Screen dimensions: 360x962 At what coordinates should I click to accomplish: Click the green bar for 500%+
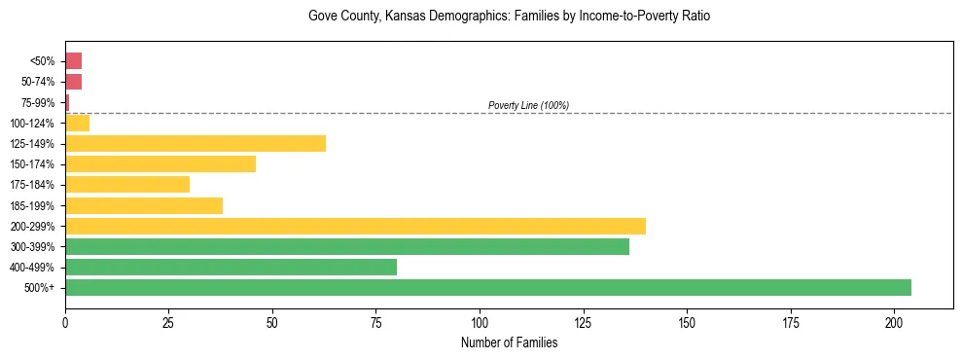pos(487,287)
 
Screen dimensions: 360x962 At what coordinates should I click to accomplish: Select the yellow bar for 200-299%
pos(355,226)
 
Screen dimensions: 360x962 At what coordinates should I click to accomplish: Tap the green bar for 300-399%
pos(346,246)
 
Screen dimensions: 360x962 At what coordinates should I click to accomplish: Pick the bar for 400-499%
pos(231,267)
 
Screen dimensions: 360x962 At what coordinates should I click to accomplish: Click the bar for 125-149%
pos(195,143)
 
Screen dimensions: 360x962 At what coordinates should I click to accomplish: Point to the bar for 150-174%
pos(160,163)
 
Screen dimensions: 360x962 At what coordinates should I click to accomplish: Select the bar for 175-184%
pos(126,184)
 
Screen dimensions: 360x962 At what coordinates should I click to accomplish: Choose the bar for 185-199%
pos(143,205)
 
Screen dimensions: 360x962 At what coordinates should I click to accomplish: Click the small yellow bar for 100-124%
pos(77,123)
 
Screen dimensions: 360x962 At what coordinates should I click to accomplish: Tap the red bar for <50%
pos(73,60)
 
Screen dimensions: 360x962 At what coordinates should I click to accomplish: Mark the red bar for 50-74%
pos(73,82)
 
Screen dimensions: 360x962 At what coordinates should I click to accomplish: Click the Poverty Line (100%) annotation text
pos(528,105)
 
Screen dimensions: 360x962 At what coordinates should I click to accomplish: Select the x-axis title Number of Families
pos(509,342)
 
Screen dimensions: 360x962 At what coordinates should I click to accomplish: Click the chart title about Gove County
pos(509,17)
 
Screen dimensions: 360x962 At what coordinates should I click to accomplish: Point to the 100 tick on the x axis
pos(480,322)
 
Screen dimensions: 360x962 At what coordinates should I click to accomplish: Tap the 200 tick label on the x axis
pos(895,322)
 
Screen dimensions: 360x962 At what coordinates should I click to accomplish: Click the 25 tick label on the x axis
pos(168,322)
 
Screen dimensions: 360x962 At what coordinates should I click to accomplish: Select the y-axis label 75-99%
pos(38,102)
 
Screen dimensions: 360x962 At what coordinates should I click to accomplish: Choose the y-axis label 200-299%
pos(34,226)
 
